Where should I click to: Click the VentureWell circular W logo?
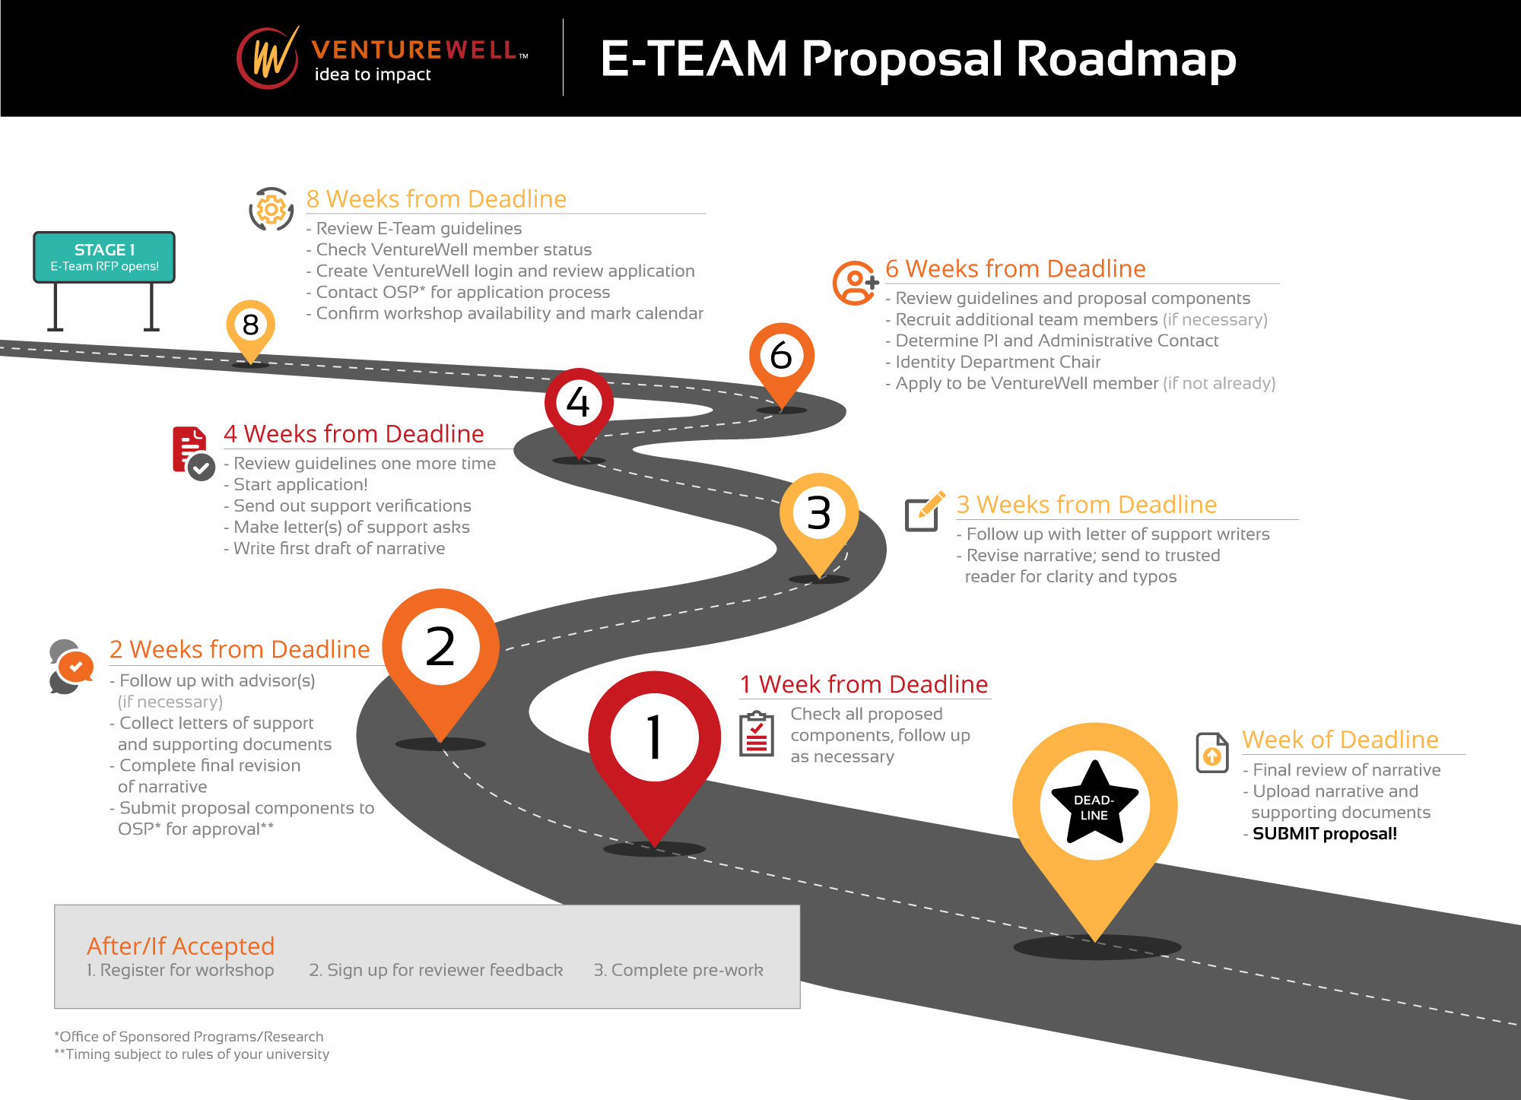[268, 58]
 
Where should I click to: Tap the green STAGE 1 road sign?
[104, 257]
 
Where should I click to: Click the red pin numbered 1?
[654, 757]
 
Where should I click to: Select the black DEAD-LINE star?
[1094, 804]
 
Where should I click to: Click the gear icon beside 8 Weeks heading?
[271, 209]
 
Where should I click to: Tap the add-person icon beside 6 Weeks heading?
[856, 283]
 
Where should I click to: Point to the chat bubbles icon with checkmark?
[71, 667]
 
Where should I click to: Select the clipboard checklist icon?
[757, 734]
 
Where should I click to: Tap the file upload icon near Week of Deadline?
[1212, 753]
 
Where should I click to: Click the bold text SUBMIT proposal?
[1324, 834]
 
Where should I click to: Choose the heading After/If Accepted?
[180, 946]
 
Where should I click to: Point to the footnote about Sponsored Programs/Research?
[189, 1036]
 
